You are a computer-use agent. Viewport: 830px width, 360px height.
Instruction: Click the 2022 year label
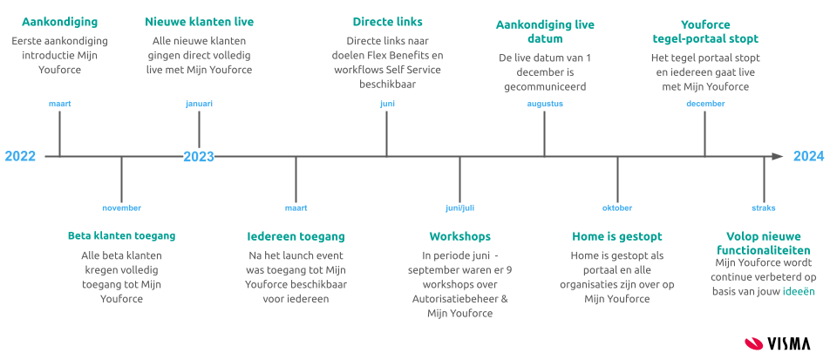tap(20, 157)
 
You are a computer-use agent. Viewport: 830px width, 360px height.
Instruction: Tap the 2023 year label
tap(199, 157)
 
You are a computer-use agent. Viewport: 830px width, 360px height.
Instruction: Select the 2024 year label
tap(808, 157)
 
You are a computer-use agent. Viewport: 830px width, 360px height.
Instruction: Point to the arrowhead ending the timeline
tap(777, 157)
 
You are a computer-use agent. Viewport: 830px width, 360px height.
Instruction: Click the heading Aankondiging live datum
tap(545, 32)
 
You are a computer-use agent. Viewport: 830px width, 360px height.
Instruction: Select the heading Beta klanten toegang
tap(122, 236)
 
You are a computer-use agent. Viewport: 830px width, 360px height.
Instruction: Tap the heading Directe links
tap(387, 21)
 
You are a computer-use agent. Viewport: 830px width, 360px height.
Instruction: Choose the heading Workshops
tap(459, 236)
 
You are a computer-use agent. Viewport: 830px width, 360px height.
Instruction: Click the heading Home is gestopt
tap(617, 236)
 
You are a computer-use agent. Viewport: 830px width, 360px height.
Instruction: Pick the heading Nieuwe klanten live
tap(199, 21)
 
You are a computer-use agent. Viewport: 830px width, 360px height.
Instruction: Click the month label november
tap(121, 208)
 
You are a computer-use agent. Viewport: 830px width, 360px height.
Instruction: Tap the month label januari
tap(199, 104)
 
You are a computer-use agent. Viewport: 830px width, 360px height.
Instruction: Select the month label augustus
tap(545, 104)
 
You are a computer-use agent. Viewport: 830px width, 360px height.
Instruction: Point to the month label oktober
tap(617, 208)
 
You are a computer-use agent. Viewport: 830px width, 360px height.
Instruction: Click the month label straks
tap(763, 208)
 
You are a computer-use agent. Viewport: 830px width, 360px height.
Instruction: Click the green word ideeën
tap(799, 291)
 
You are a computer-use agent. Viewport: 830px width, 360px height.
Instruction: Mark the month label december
tap(705, 104)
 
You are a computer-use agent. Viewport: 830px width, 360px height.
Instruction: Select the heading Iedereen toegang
tap(296, 236)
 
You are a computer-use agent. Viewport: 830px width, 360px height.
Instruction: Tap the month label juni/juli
tap(459, 208)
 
